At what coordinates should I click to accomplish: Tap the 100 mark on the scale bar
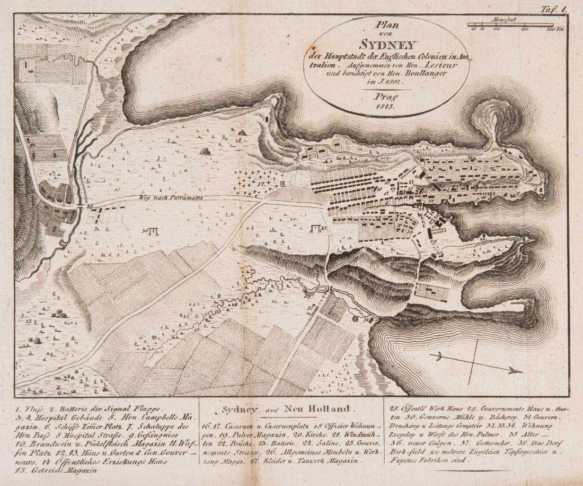(x=497, y=30)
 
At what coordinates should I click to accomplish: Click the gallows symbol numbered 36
(x=152, y=231)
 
